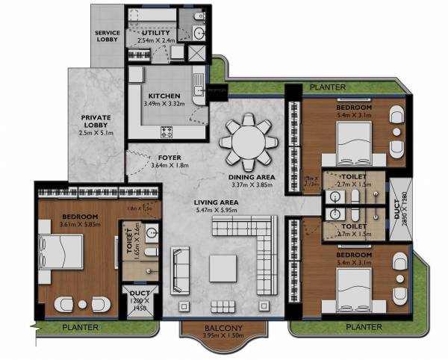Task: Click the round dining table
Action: click(x=246, y=140)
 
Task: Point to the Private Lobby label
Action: click(x=96, y=121)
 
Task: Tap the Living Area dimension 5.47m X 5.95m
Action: click(x=217, y=211)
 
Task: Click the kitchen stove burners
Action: click(x=167, y=131)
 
